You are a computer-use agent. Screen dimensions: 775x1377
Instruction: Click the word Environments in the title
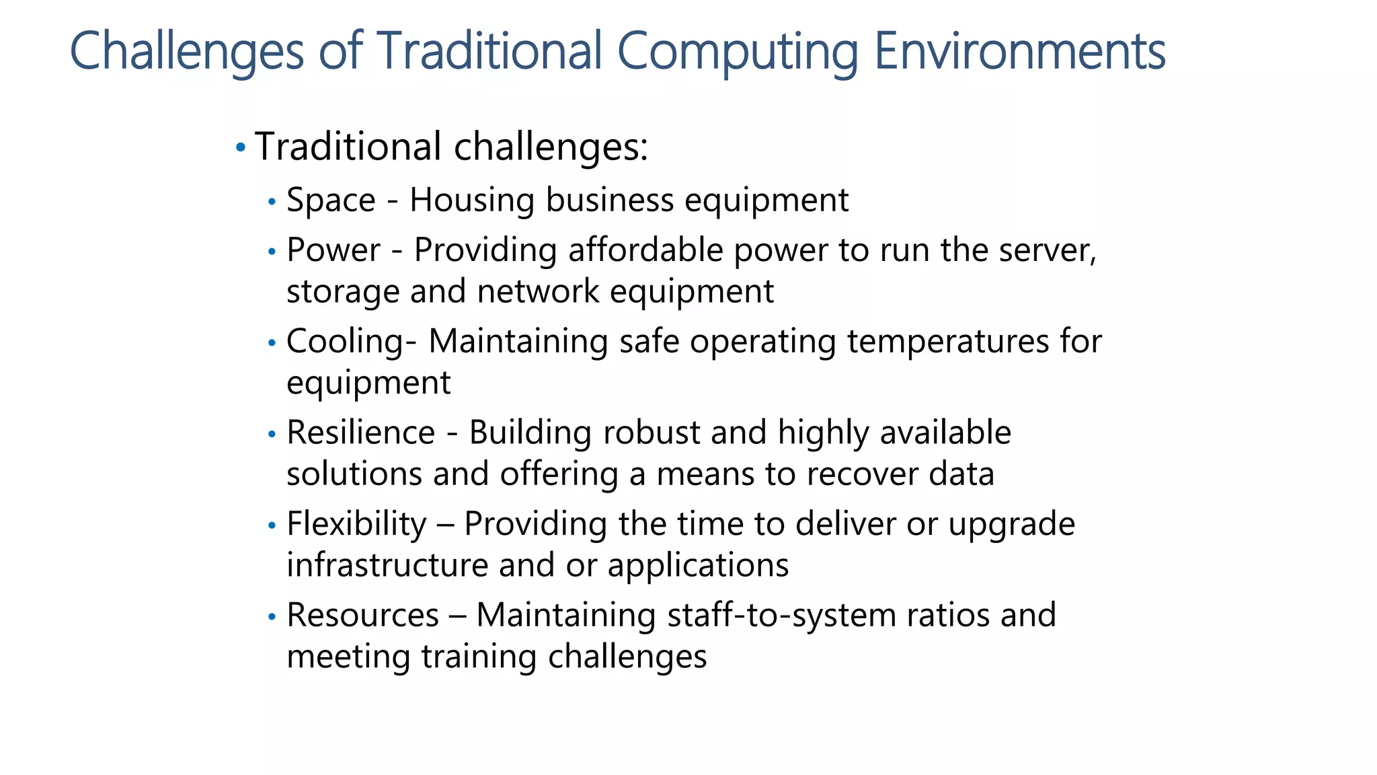(x=1019, y=51)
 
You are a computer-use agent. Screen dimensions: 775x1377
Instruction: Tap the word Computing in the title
(x=738, y=52)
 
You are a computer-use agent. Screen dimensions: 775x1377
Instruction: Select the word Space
(x=331, y=200)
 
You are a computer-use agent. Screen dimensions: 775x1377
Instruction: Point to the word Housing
(x=474, y=200)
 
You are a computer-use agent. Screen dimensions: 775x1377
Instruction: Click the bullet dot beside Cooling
(x=272, y=343)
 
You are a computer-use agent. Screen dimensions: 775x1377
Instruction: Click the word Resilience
(x=361, y=432)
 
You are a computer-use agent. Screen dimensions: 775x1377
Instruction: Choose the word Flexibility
(x=356, y=523)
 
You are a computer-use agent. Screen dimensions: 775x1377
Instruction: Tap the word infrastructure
(x=387, y=564)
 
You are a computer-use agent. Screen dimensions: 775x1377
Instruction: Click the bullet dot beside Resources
(x=272, y=616)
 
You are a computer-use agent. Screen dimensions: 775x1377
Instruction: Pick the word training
(x=479, y=657)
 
